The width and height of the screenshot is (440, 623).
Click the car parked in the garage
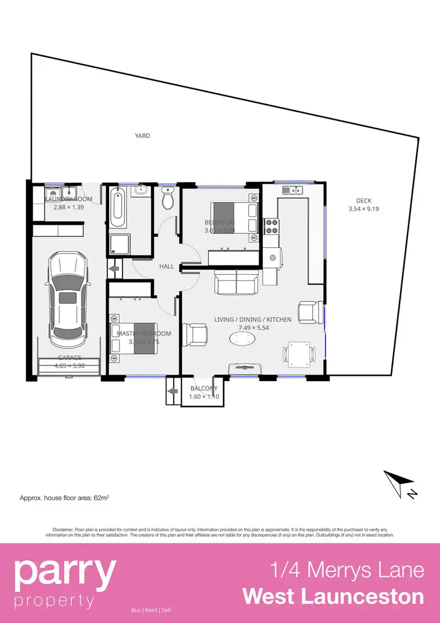click(67, 298)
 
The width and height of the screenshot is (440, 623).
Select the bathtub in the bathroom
click(116, 208)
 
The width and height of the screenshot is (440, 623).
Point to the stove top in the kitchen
click(272, 225)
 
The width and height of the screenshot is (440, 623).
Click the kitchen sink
click(291, 190)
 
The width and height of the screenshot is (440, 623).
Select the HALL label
click(167, 267)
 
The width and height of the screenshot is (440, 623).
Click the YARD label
click(143, 136)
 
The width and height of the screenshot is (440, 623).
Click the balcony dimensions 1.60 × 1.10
click(204, 397)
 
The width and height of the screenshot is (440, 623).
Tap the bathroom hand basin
click(141, 190)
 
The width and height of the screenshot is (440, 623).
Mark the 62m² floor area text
click(65, 497)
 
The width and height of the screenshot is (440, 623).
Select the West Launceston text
click(333, 596)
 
